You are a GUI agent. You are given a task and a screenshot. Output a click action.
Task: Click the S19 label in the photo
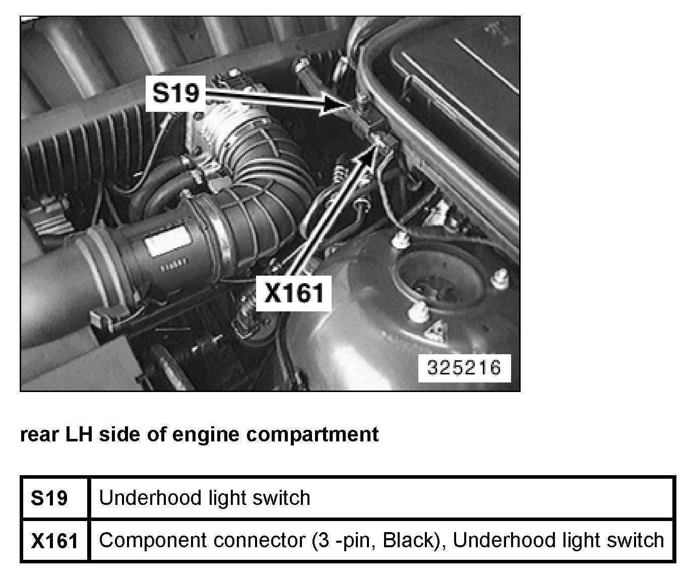(x=176, y=93)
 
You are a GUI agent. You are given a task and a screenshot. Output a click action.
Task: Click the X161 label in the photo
(x=294, y=293)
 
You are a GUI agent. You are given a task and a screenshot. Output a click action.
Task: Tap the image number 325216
(x=464, y=367)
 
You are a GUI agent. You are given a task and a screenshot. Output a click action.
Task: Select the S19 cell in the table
(x=49, y=498)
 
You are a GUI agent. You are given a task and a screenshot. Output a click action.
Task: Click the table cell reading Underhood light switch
(x=205, y=498)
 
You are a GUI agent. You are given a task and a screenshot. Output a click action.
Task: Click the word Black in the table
(x=407, y=540)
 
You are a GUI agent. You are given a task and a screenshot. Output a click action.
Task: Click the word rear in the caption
(x=39, y=434)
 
